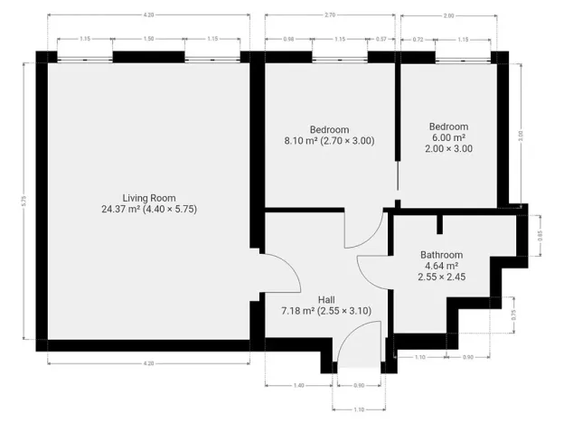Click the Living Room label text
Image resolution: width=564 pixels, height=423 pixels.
pyautogui.click(x=149, y=198)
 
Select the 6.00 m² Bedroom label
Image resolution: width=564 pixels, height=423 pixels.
pyautogui.click(x=448, y=127)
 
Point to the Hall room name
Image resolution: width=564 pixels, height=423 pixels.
pyautogui.click(x=326, y=299)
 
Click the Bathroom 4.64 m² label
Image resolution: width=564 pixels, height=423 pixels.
pyautogui.click(x=441, y=255)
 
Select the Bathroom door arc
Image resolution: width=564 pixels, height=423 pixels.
pyautogui.click(x=372, y=271)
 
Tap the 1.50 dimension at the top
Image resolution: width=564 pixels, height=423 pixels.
pyautogui.click(x=149, y=39)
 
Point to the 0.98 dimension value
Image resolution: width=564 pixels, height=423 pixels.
pyautogui.click(x=288, y=39)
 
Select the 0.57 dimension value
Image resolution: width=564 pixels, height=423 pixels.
pyautogui.click(x=381, y=39)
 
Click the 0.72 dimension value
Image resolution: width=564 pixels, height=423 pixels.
pyautogui.click(x=418, y=39)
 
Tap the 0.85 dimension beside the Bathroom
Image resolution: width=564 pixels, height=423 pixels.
pyautogui.click(x=540, y=235)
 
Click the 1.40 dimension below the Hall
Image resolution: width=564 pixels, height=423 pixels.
pyautogui.click(x=298, y=386)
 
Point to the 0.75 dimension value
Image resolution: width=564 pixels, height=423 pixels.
pyautogui.click(x=515, y=315)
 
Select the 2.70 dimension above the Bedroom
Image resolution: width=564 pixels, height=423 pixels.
pyautogui.click(x=330, y=15)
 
